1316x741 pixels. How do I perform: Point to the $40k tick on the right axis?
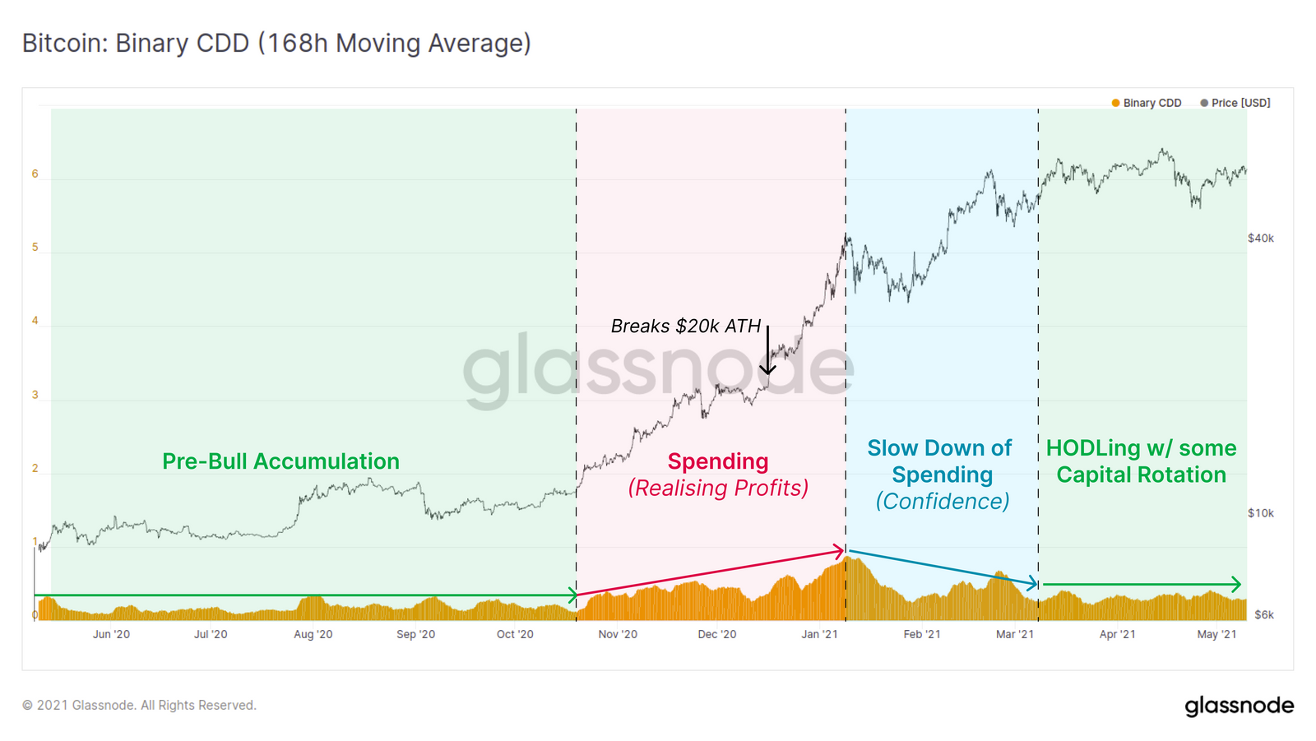point(1261,239)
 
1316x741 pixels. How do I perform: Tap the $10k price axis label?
point(1261,513)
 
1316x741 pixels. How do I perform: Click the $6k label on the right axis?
point(1264,614)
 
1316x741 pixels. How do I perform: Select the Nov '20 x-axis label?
point(618,634)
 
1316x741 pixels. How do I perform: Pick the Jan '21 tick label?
point(819,634)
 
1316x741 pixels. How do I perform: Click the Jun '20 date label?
point(111,634)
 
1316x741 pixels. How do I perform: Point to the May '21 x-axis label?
point(1216,634)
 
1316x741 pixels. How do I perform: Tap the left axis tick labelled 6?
point(35,174)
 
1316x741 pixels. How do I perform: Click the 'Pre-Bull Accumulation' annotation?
point(280,461)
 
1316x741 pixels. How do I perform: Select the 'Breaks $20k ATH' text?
point(686,327)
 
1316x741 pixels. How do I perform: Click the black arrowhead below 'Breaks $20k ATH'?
point(767,369)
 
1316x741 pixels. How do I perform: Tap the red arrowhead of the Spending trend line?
point(840,549)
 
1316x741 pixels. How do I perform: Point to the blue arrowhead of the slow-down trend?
point(1032,583)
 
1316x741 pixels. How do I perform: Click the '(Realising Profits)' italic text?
point(718,489)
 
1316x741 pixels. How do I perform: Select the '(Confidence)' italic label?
point(943,502)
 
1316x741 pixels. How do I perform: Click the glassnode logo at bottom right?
point(1239,706)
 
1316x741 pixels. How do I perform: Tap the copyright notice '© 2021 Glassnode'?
point(139,705)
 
